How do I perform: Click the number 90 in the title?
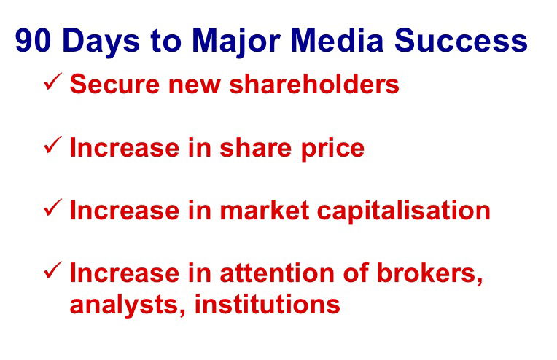[33, 40]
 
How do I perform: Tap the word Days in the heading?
[101, 42]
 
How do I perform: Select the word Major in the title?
[236, 42]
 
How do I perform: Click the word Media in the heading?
[337, 40]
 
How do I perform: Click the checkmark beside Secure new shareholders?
[52, 82]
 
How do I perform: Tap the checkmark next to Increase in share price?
[52, 145]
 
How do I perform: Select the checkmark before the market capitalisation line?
[52, 208]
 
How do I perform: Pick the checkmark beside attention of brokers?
[52, 270]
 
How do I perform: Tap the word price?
[333, 149]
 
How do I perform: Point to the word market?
[265, 210]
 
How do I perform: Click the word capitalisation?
[404, 212]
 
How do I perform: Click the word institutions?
[268, 304]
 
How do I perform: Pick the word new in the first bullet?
[195, 86]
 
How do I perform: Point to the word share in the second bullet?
[255, 147]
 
